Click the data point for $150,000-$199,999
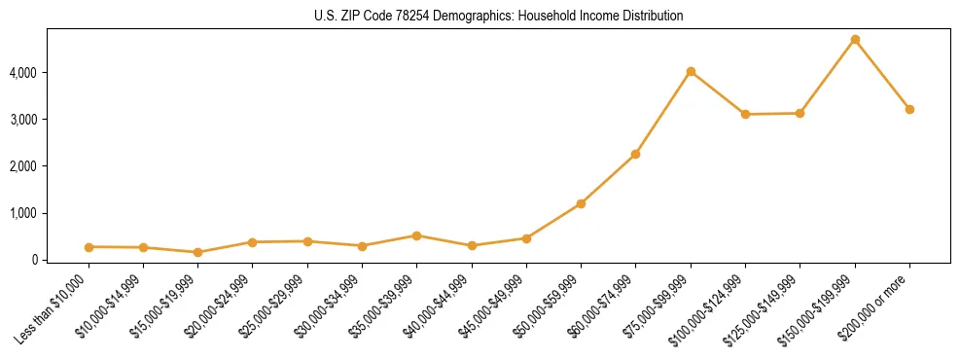click(x=855, y=40)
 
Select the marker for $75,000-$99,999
click(x=691, y=72)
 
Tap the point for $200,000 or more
click(x=909, y=109)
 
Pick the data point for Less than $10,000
click(x=89, y=247)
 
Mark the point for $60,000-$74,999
click(x=635, y=154)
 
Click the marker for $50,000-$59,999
click(x=581, y=203)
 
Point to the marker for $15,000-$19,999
click(x=197, y=252)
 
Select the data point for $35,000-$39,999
click(x=416, y=235)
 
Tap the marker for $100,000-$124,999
click(x=745, y=115)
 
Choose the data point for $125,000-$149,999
click(x=800, y=114)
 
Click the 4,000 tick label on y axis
click(x=22, y=73)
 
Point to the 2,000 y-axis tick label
click(x=22, y=166)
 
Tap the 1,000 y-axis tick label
click(x=22, y=213)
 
